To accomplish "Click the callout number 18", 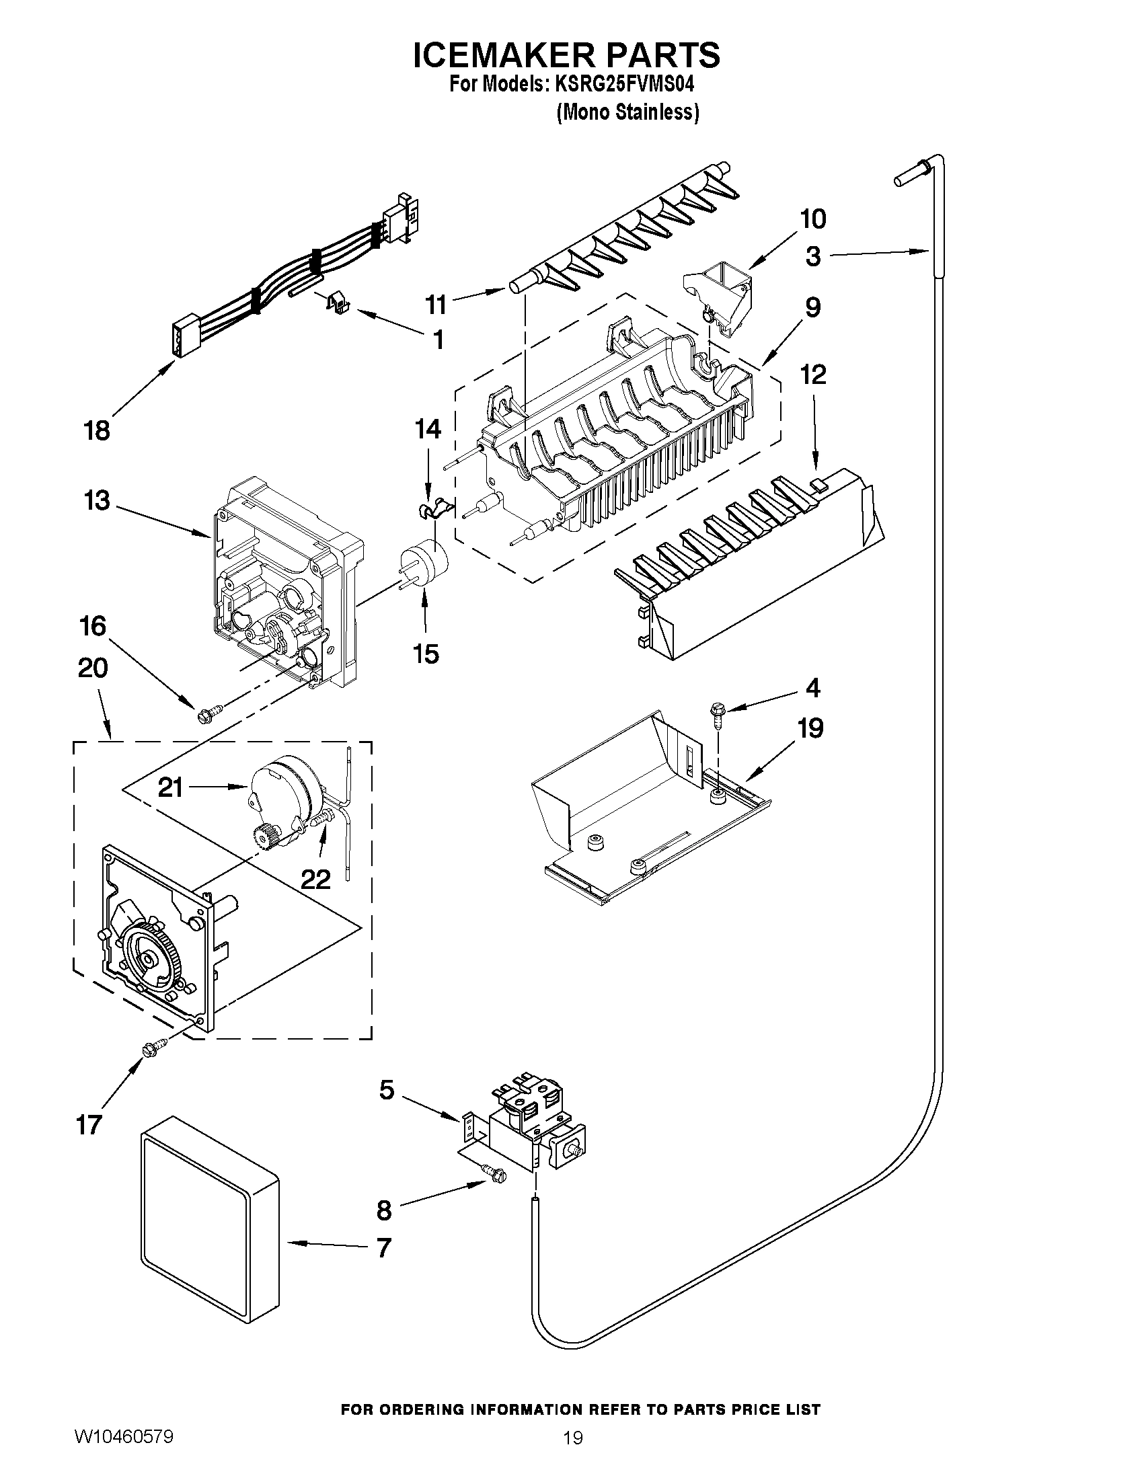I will click(96, 430).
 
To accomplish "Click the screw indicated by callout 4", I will click(717, 711).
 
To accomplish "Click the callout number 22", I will click(315, 879).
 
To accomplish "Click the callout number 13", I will click(97, 501).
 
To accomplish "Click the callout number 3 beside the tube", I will click(813, 256).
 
